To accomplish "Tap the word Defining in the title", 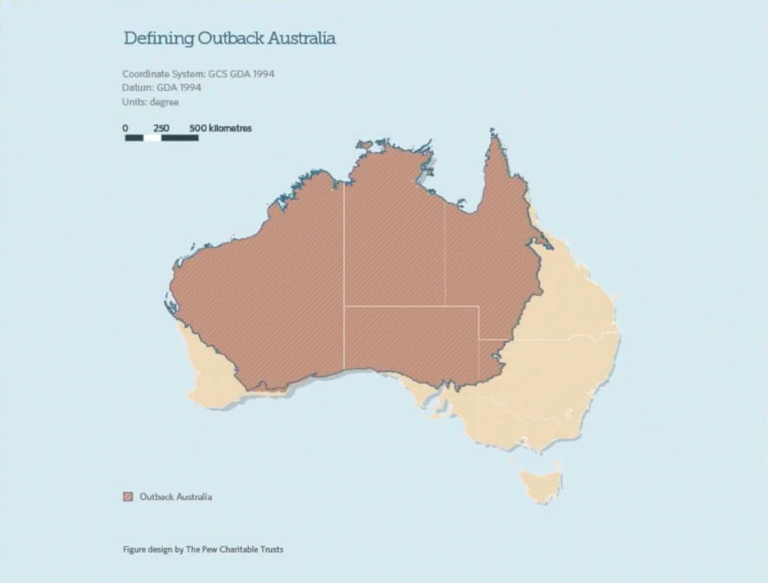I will pos(153,39).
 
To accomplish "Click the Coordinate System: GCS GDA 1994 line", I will pos(198,74).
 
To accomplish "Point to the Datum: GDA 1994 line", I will pos(162,88).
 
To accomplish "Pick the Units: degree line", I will pos(150,102).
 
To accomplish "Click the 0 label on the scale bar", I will pos(125,128).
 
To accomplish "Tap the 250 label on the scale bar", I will pos(161,128).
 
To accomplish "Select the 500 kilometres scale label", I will pos(220,128).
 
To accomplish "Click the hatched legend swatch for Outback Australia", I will pos(128,497).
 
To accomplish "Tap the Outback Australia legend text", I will pos(176,497).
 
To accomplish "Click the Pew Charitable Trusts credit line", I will pos(203,549).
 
